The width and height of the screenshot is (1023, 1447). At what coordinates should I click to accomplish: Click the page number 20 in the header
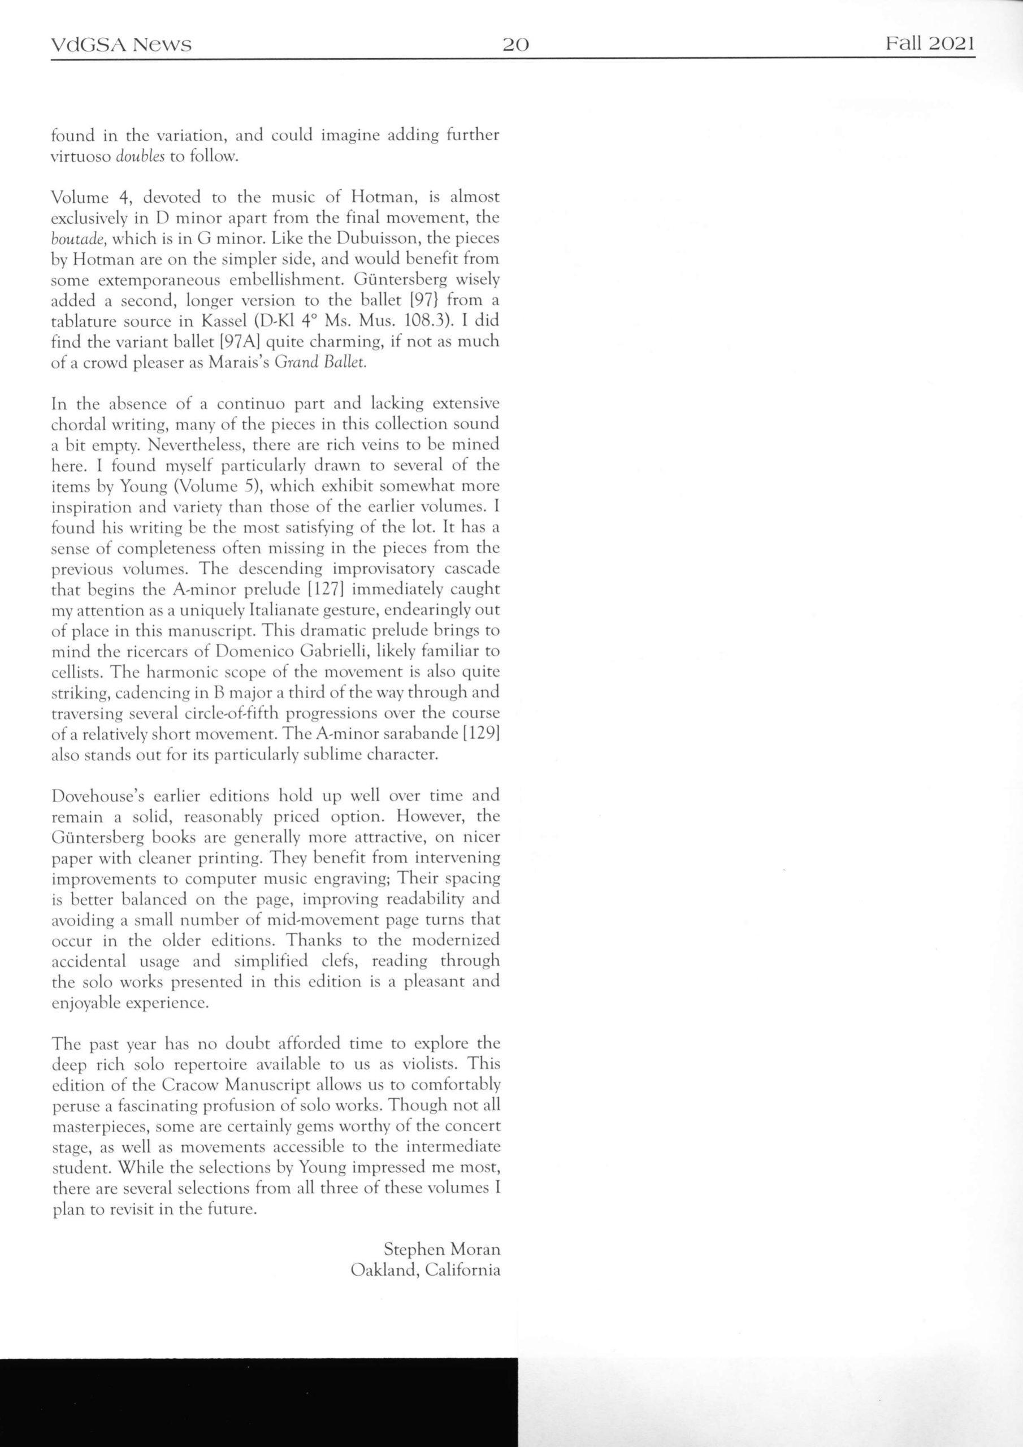click(x=515, y=45)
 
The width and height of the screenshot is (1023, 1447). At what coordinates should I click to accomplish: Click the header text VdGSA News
click(x=121, y=45)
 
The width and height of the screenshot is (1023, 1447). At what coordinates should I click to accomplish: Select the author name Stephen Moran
click(x=441, y=1249)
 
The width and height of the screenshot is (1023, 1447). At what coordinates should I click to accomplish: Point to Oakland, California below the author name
click(x=426, y=1270)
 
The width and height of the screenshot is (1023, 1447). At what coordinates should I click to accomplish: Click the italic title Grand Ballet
click(x=321, y=363)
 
